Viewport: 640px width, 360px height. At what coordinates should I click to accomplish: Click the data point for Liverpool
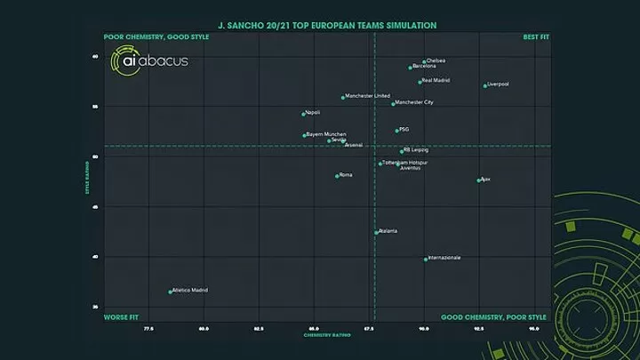click(485, 86)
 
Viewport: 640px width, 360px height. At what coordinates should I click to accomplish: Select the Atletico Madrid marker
click(170, 292)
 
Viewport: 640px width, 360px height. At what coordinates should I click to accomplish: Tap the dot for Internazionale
click(426, 260)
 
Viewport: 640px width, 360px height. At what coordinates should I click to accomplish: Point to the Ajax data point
click(479, 180)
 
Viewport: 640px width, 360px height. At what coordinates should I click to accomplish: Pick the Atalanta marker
click(376, 232)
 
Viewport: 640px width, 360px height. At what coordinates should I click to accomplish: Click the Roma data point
click(337, 176)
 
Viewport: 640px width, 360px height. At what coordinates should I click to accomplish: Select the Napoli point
click(303, 114)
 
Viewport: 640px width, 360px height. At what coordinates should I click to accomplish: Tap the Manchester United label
click(368, 96)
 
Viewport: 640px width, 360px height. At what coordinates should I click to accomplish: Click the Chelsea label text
click(436, 60)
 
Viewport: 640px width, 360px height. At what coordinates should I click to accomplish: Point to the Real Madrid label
click(436, 81)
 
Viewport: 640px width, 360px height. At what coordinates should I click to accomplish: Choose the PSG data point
click(396, 131)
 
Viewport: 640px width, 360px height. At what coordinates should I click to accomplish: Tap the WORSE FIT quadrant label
click(121, 317)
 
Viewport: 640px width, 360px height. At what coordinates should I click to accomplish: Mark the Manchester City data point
click(393, 104)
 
